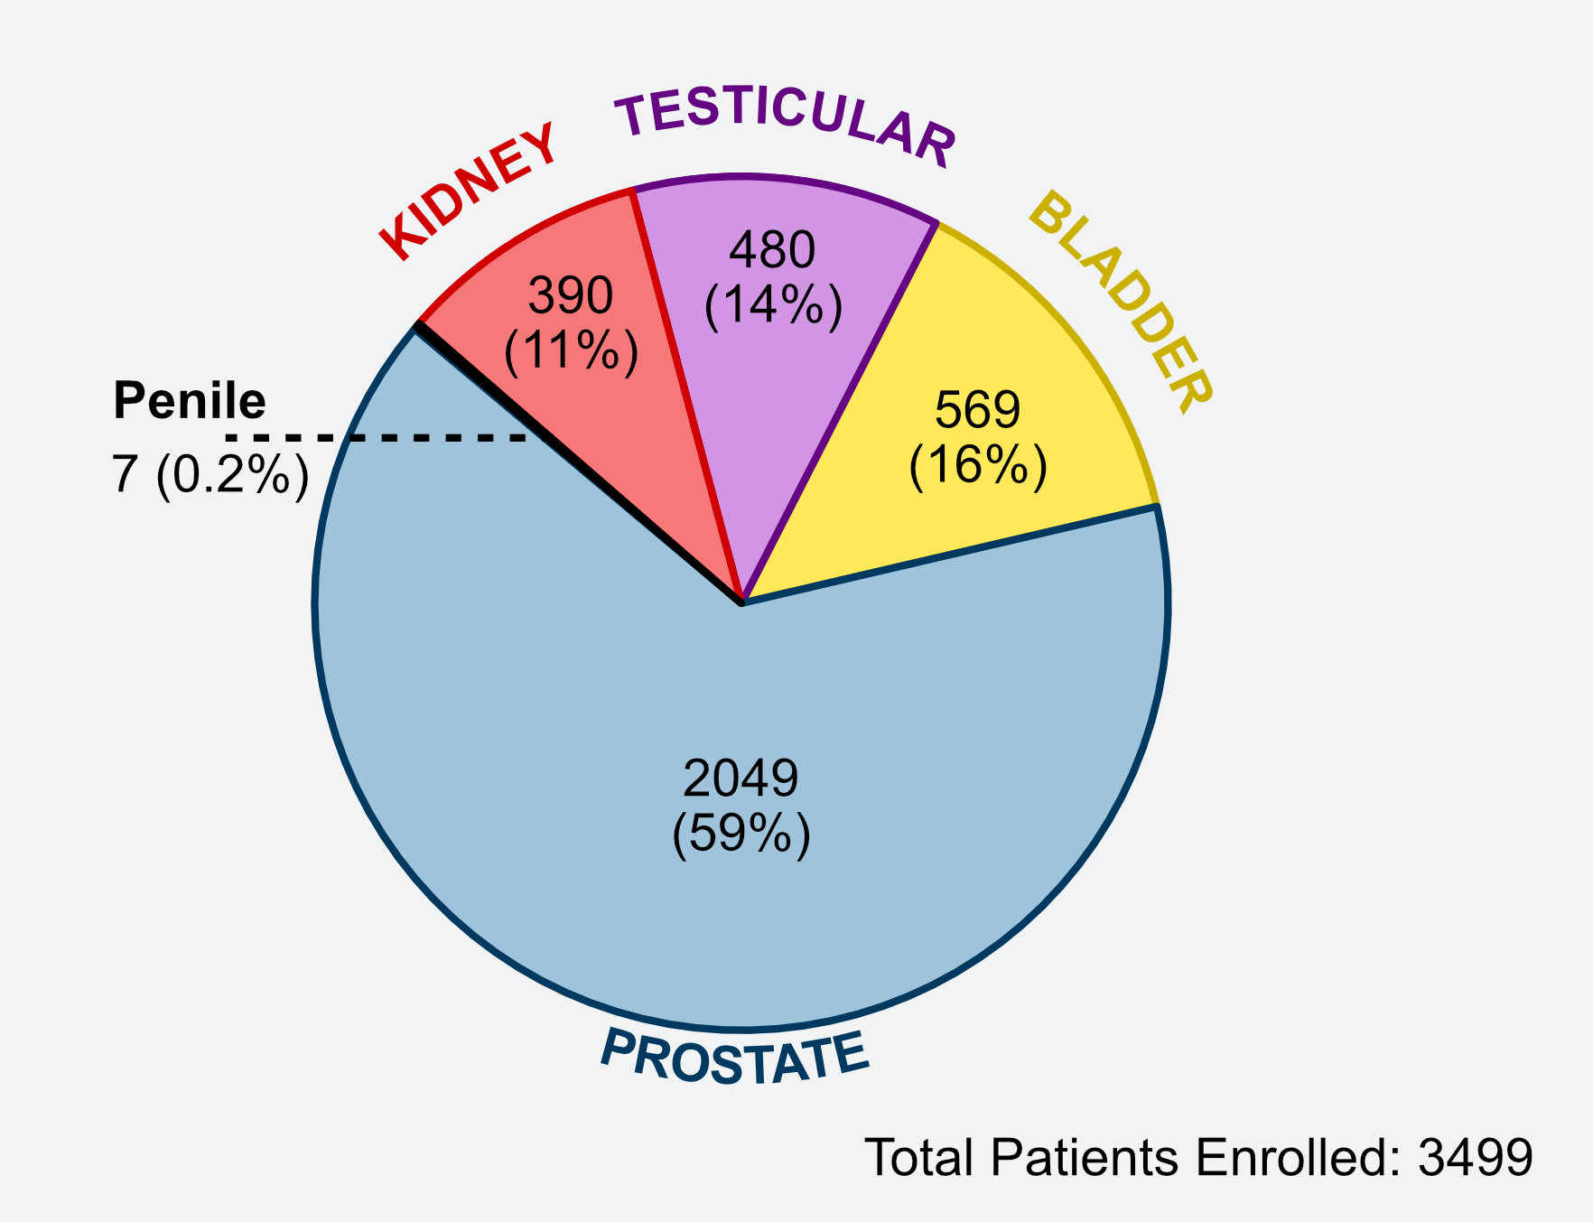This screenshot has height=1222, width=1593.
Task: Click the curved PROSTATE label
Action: [x=733, y=1058]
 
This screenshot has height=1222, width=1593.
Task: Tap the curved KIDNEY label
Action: [x=468, y=191]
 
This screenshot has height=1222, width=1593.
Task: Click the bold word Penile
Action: [x=190, y=400]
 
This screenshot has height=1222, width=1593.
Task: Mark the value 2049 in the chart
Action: [x=741, y=778]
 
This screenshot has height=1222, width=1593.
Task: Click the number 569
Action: [x=977, y=409]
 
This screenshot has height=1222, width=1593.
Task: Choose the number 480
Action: [x=772, y=249]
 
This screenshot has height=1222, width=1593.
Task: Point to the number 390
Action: [x=571, y=295]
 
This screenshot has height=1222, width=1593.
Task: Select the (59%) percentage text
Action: [x=741, y=834]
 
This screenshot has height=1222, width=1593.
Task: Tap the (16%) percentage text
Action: [x=978, y=465]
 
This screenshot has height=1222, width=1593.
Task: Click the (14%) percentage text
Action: [x=773, y=304]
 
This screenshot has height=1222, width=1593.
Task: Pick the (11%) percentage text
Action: [x=572, y=350]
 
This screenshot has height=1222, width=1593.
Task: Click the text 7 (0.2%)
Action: [x=210, y=474]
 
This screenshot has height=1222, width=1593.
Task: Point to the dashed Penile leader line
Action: [x=376, y=438]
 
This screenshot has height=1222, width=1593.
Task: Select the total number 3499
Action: [x=1476, y=1157]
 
